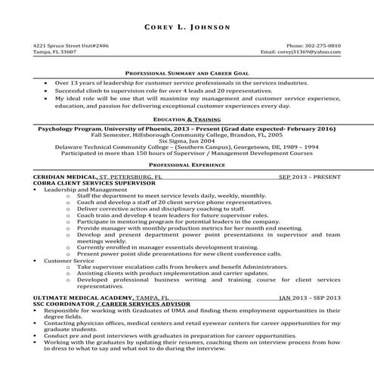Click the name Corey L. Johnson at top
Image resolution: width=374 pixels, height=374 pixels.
(x=187, y=27)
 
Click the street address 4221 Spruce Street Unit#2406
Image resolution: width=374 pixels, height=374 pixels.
(x=71, y=46)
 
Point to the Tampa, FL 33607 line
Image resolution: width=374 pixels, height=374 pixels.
(x=54, y=53)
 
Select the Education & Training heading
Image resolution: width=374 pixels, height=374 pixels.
(x=187, y=119)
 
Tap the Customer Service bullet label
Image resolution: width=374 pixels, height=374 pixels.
(x=66, y=261)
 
